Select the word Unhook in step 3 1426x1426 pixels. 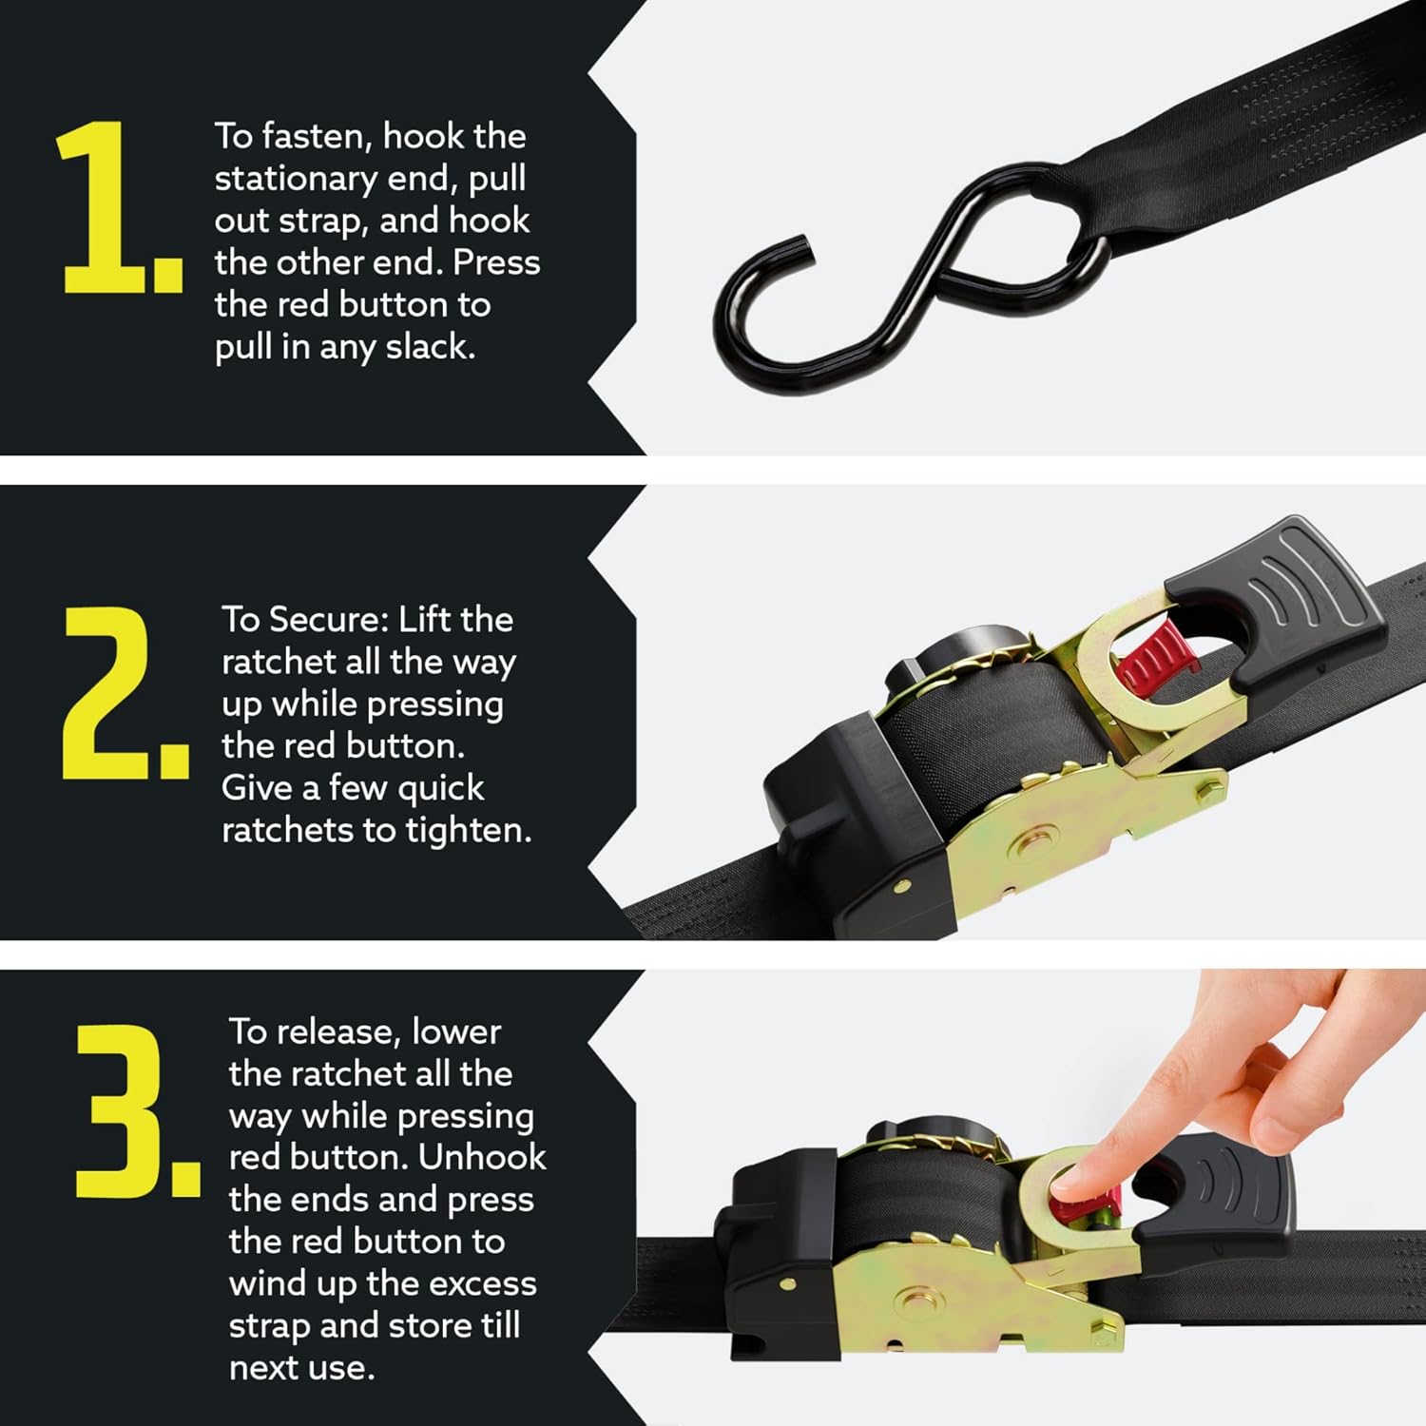tap(482, 1158)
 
